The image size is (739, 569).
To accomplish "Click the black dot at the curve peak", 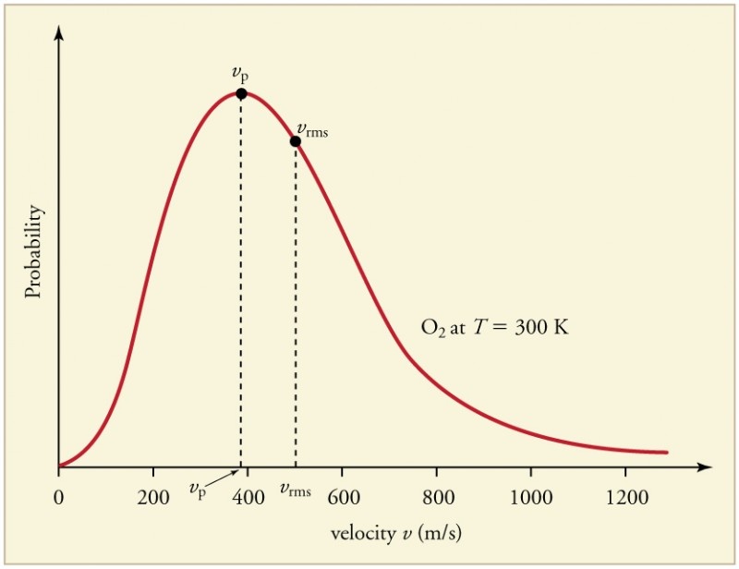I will coord(241,93).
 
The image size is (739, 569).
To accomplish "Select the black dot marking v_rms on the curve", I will coord(295,141).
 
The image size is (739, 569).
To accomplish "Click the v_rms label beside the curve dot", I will coord(312,131).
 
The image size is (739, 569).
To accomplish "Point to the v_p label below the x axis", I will coord(198,490).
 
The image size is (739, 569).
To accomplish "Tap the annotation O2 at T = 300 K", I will coord(494,327).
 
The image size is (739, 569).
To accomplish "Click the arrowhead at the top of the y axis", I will coord(58,32).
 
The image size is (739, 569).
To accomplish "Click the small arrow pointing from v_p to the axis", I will coord(224,478).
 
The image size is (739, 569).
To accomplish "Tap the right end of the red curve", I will coord(665,452).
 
